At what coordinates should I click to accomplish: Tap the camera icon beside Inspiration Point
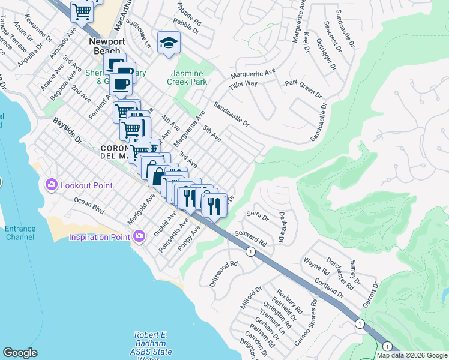point(140,236)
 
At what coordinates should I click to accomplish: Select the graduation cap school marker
point(169,43)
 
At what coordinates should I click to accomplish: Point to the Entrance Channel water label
point(20,233)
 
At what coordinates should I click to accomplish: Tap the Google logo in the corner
point(20,353)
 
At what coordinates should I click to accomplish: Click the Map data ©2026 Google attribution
point(412,355)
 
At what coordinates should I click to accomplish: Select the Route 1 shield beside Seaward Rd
point(250,252)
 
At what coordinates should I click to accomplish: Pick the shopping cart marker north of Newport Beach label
point(82,11)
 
